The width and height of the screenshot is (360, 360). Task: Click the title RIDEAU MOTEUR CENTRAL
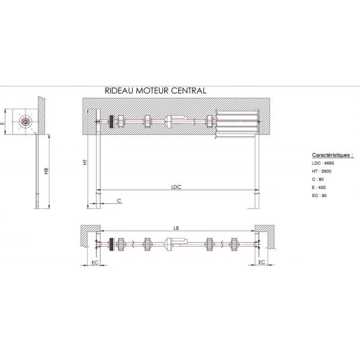156,91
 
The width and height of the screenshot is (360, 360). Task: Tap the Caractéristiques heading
333,155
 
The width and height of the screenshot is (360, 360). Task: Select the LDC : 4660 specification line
323,163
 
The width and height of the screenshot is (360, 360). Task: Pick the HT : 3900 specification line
321,171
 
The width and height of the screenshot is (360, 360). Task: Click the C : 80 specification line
318,179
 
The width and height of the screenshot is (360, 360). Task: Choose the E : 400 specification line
318,187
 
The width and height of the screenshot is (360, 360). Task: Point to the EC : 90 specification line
319,196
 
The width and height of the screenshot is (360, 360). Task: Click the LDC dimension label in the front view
176,187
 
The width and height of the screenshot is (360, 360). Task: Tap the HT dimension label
85,162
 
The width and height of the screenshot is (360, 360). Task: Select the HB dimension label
47,171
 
